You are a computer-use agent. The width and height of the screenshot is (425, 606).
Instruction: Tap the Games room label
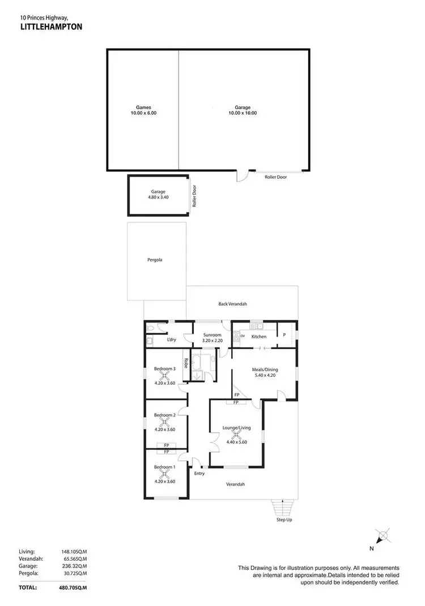[x=143, y=106]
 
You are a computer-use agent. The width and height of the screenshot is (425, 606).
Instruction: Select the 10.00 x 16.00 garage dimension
[x=243, y=113]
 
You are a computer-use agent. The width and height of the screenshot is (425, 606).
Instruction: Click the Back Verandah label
[x=232, y=304]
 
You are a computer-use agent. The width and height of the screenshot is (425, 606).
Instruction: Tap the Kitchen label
[x=259, y=337]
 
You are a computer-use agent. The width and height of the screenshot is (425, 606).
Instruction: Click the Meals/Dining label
[x=263, y=369]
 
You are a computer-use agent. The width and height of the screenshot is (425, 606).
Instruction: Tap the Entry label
[x=199, y=474]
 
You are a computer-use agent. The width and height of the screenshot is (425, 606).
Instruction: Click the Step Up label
[x=284, y=519]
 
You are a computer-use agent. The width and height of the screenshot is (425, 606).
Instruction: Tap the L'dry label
[x=171, y=339]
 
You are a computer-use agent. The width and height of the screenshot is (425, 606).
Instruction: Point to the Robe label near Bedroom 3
[x=185, y=363]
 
